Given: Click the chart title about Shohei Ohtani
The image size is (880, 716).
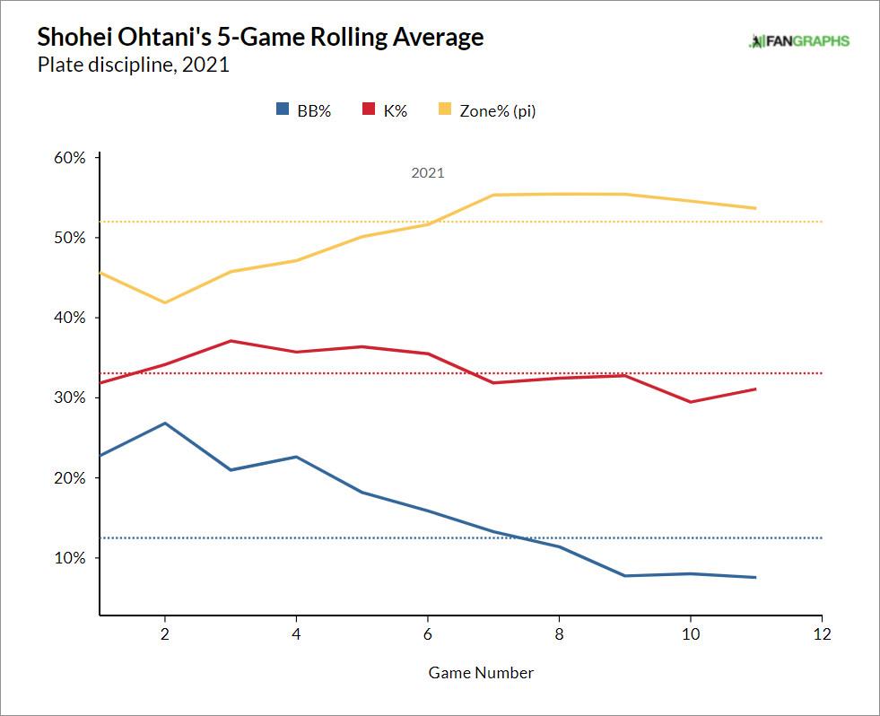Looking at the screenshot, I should click(260, 38).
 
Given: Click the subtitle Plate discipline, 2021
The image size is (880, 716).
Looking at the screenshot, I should click(134, 65).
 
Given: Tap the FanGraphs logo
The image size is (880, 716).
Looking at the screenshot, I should click(798, 40).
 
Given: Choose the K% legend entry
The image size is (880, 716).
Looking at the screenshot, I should click(385, 111).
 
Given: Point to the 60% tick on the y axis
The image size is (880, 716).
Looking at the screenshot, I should click(70, 158).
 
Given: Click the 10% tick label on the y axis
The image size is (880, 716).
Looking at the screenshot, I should click(70, 558).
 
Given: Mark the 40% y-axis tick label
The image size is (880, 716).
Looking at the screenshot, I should click(70, 318).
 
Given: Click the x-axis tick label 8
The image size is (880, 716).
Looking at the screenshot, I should click(559, 633).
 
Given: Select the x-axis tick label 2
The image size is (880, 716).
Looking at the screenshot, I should click(164, 633).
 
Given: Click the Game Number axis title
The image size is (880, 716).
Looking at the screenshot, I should click(481, 672).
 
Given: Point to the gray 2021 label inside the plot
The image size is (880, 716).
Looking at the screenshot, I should click(428, 173).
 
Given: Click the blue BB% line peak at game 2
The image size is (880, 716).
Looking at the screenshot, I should click(164, 423).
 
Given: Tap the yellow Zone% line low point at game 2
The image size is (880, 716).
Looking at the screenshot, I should click(164, 302).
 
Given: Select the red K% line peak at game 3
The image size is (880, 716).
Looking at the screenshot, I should click(231, 341).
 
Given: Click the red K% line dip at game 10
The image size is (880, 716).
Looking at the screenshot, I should click(691, 402).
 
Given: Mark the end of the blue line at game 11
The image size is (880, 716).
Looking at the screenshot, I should click(756, 577).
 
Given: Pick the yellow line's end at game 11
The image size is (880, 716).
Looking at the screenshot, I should click(756, 208).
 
